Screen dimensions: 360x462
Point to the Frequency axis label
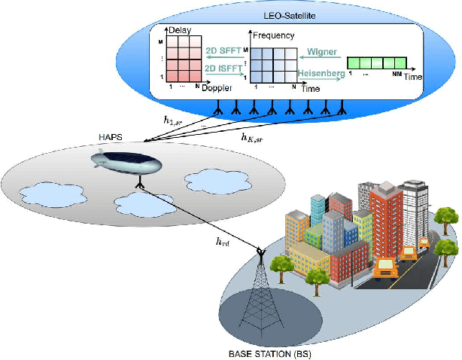click(x=272, y=36)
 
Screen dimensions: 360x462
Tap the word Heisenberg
click(x=321, y=73)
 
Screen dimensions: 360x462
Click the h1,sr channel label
click(x=173, y=119)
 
